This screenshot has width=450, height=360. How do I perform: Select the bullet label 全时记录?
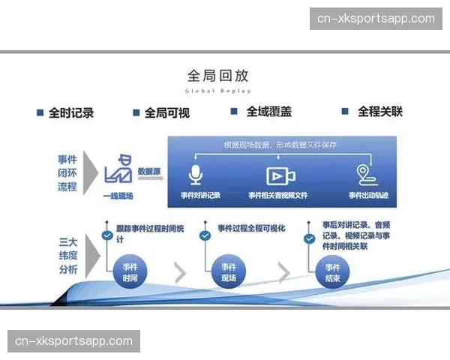point(71,112)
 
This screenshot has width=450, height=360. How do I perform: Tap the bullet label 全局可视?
point(166,112)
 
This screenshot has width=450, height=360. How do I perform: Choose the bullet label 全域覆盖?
point(269,111)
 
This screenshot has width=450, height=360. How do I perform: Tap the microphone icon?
point(196,174)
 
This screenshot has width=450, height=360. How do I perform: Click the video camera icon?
point(280,175)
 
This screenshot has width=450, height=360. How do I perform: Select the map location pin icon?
point(365,174)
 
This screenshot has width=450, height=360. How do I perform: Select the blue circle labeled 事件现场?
point(228,271)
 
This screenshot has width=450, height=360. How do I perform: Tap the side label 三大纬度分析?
point(68,256)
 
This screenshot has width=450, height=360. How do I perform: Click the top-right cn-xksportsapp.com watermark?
point(376,18)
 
